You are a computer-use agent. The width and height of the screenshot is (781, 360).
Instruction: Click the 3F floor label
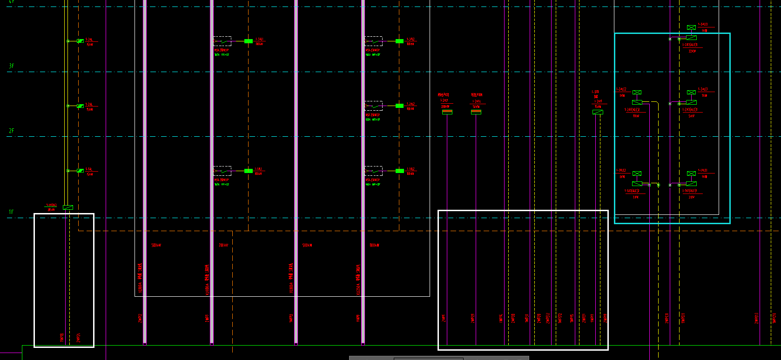(11, 66)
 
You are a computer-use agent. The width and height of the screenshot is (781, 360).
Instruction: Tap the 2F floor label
(11, 131)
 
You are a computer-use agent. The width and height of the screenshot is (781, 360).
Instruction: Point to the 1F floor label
(11, 212)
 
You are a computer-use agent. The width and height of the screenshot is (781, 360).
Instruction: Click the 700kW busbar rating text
(223, 245)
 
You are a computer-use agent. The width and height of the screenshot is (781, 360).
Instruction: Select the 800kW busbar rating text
(375, 245)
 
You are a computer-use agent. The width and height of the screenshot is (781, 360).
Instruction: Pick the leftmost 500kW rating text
(156, 245)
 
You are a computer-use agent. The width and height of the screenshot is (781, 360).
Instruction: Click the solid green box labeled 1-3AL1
(249, 41)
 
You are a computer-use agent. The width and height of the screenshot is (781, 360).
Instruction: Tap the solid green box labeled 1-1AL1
(249, 171)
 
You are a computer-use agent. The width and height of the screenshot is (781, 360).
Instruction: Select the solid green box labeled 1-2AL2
(399, 106)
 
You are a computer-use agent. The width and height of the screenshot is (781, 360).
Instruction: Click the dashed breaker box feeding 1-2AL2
(373, 106)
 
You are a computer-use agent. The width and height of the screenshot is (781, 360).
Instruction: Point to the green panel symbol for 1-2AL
(80, 106)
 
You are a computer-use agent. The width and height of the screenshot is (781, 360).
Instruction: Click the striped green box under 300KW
(447, 112)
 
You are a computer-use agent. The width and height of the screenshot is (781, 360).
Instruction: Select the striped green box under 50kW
(476, 112)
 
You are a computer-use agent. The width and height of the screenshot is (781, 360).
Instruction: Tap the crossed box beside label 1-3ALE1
(691, 28)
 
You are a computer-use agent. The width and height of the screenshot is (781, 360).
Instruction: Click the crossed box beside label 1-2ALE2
(637, 93)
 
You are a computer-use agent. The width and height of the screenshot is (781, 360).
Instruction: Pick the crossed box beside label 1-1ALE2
(637, 173)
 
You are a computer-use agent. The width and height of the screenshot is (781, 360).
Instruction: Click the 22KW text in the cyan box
(692, 51)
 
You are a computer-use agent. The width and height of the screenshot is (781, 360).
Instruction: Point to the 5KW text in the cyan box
(691, 116)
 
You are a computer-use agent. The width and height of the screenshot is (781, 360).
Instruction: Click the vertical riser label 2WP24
(78, 338)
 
